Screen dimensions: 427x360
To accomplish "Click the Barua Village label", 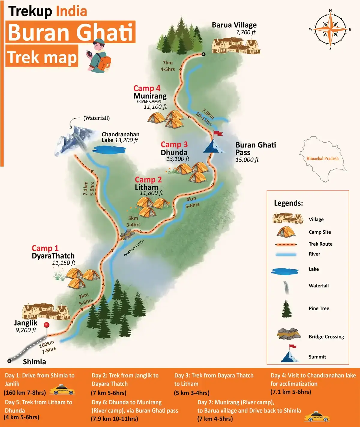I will pos(234,25).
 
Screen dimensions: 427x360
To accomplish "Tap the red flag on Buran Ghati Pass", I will pos(218,133).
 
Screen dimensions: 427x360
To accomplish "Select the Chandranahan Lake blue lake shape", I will pos(109,149).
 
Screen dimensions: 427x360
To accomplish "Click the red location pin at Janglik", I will pos(46,325).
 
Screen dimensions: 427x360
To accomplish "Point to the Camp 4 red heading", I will pos(147,88).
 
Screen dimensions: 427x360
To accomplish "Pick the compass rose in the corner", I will pos(330,29).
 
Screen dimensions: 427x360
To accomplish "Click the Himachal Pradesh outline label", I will pos(322,159).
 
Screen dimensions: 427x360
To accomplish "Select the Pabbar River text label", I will pos(134,248).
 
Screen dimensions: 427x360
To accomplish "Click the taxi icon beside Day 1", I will pos(62,390).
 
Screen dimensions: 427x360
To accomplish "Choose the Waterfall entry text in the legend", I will pos(319,286).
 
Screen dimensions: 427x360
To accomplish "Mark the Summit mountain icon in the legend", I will pos(290,356).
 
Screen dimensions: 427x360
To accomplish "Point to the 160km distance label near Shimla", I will pos(46,344).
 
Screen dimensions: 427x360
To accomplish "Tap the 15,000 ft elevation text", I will pos(247,160).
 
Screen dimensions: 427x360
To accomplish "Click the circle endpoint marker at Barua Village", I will pos(203,54).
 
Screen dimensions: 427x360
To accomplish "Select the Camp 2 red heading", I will pos(148,180).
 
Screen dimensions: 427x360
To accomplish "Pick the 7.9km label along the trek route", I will pos(208,114).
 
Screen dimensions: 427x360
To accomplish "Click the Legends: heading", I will pos(288,203).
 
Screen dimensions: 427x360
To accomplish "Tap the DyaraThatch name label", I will pos(53,256).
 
